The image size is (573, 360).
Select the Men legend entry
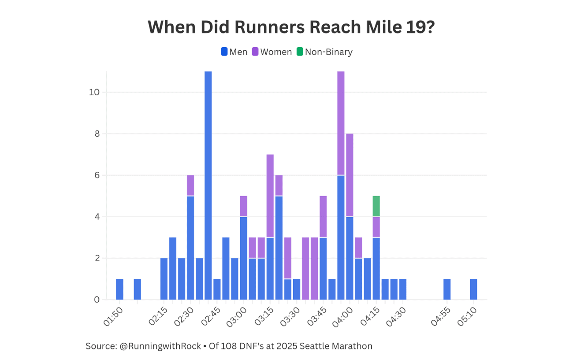(234, 52)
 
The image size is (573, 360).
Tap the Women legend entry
(272, 52)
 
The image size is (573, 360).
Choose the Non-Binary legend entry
(324, 52)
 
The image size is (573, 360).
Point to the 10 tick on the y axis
(95, 92)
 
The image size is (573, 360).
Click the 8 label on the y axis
(97, 134)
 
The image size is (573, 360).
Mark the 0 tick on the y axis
(97, 300)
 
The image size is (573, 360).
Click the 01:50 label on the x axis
(114, 317)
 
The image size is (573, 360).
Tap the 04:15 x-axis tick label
(370, 317)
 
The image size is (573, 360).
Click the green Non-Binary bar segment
(376, 206)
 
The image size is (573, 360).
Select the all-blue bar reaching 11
(208, 185)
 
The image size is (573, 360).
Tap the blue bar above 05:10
(473, 289)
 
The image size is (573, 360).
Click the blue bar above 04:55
(447, 289)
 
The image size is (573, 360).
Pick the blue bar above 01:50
(119, 289)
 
